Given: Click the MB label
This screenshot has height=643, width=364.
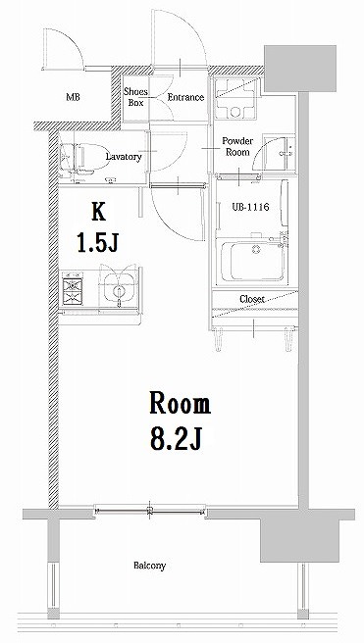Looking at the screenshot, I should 74,98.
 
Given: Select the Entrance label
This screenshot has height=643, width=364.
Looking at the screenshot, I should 185,97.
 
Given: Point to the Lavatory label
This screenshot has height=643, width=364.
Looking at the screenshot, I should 124,157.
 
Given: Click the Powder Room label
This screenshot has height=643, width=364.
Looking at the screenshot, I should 238,146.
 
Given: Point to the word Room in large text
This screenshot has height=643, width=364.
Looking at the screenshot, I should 180,403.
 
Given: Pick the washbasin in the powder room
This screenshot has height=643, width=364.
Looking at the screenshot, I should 283,154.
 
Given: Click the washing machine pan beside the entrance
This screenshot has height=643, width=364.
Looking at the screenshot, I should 235,98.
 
